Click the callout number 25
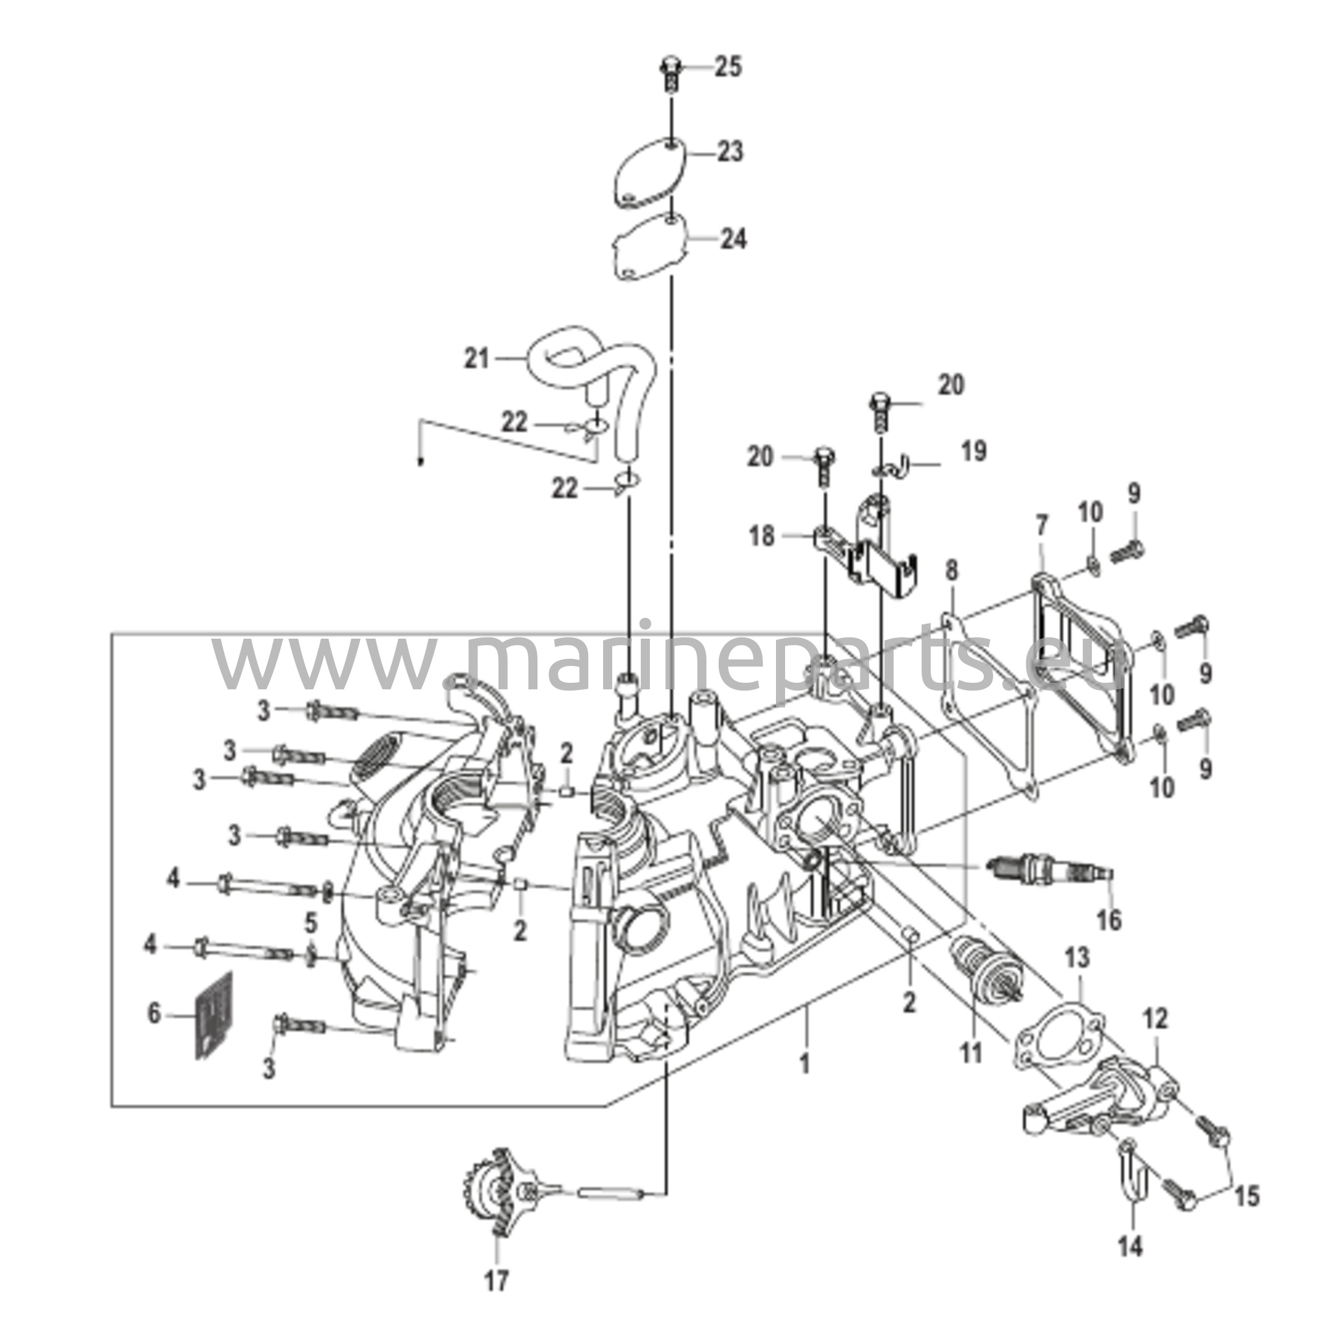pos(727,68)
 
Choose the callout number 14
pos(1131,1245)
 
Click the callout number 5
pos(311,922)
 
